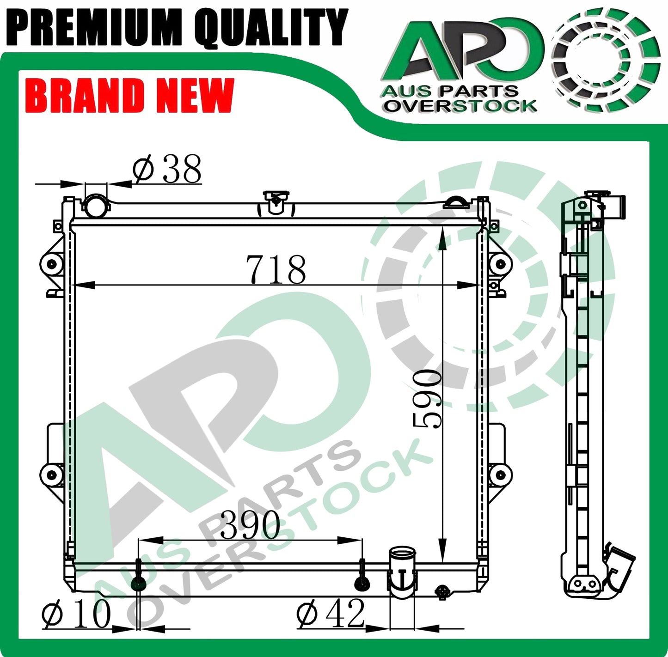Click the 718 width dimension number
[x=276, y=269]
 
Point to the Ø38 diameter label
[x=167, y=170]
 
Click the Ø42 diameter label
[x=331, y=614]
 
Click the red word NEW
[x=195, y=96]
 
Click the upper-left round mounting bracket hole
[x=51, y=264]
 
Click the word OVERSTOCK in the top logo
[x=460, y=106]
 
